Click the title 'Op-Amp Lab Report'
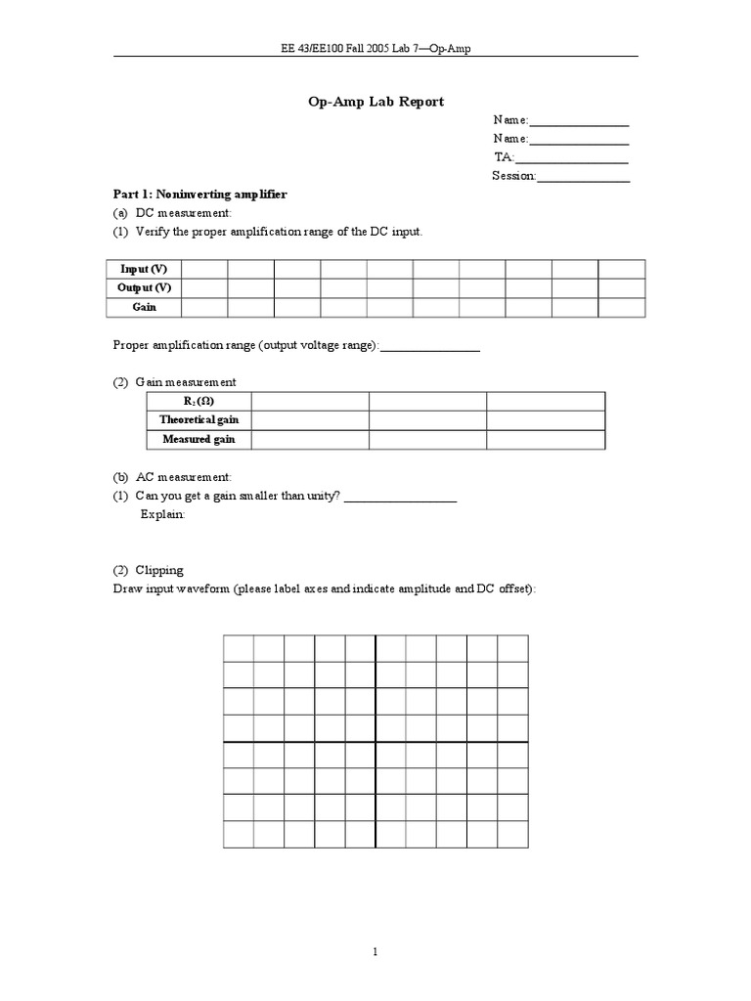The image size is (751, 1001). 375,102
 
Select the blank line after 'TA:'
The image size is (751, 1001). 571,157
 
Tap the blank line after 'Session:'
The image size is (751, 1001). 583,176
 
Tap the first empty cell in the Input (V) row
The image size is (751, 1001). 204,269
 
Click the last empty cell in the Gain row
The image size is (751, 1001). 621,307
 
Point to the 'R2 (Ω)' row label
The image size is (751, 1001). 199,402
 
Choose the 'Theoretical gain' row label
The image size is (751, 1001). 199,420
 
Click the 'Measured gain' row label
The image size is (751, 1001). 199,440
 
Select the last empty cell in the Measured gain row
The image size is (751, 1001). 546,440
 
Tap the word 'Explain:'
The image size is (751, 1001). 162,514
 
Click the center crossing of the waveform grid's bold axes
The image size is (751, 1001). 375,742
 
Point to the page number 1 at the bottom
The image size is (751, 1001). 375,951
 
